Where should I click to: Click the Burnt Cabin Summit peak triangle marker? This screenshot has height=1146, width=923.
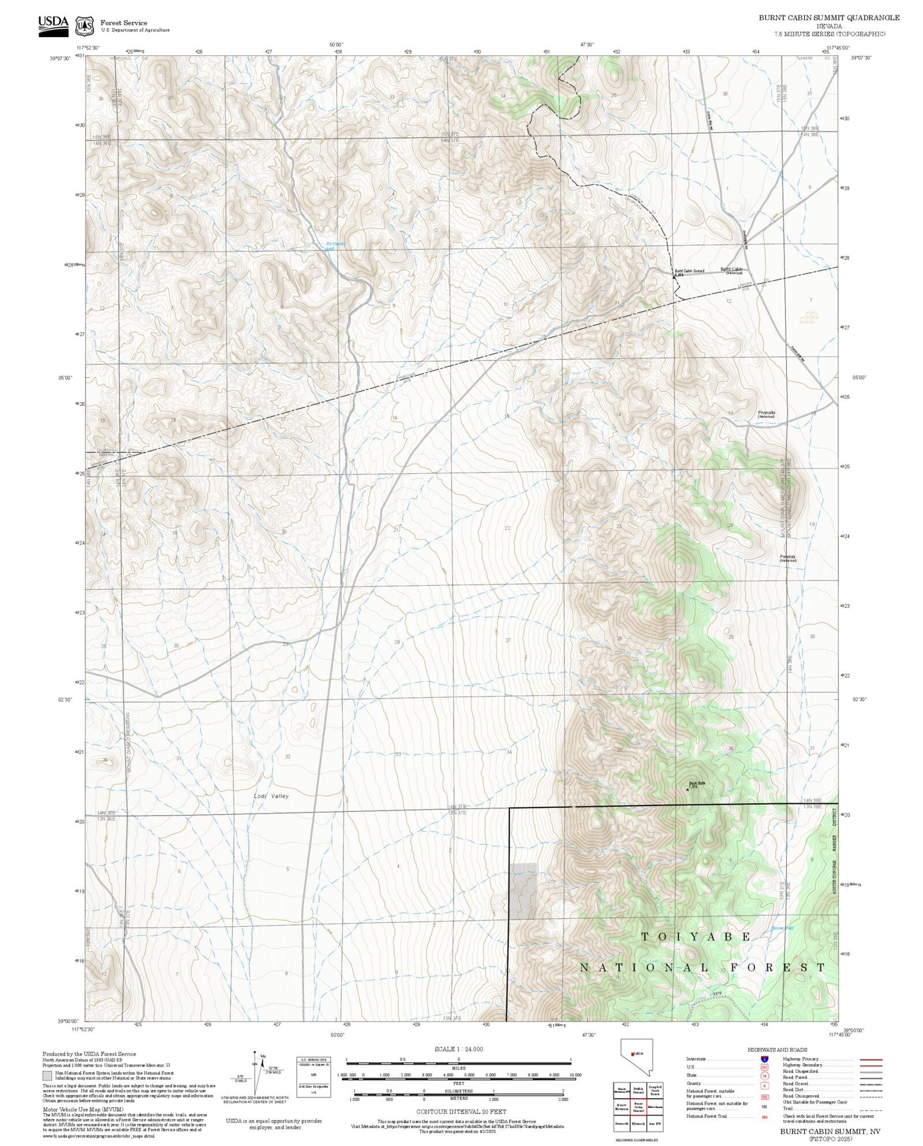coord(674,276)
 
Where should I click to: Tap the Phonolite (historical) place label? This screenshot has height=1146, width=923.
coord(766,414)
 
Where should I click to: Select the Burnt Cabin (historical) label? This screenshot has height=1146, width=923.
coord(732,270)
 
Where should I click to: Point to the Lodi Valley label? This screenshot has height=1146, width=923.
coord(271,796)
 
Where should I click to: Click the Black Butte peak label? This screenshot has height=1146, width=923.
coord(697,783)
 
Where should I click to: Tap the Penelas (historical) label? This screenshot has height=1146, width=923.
coord(788,558)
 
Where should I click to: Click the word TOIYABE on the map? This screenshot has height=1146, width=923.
coord(695,937)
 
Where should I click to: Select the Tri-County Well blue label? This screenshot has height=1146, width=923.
coord(336,245)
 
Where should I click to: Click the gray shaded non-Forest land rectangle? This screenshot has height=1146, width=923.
coord(522,891)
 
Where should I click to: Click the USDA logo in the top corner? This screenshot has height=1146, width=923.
coord(54,25)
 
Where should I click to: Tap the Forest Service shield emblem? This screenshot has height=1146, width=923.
coord(84,26)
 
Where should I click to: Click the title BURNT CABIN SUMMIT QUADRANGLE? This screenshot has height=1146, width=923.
coord(828,18)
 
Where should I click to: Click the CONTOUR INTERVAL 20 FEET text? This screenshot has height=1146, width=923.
coord(461,1111)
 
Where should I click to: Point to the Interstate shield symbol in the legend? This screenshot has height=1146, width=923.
coord(764,1059)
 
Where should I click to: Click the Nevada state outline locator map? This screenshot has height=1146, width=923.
coord(636,1057)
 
